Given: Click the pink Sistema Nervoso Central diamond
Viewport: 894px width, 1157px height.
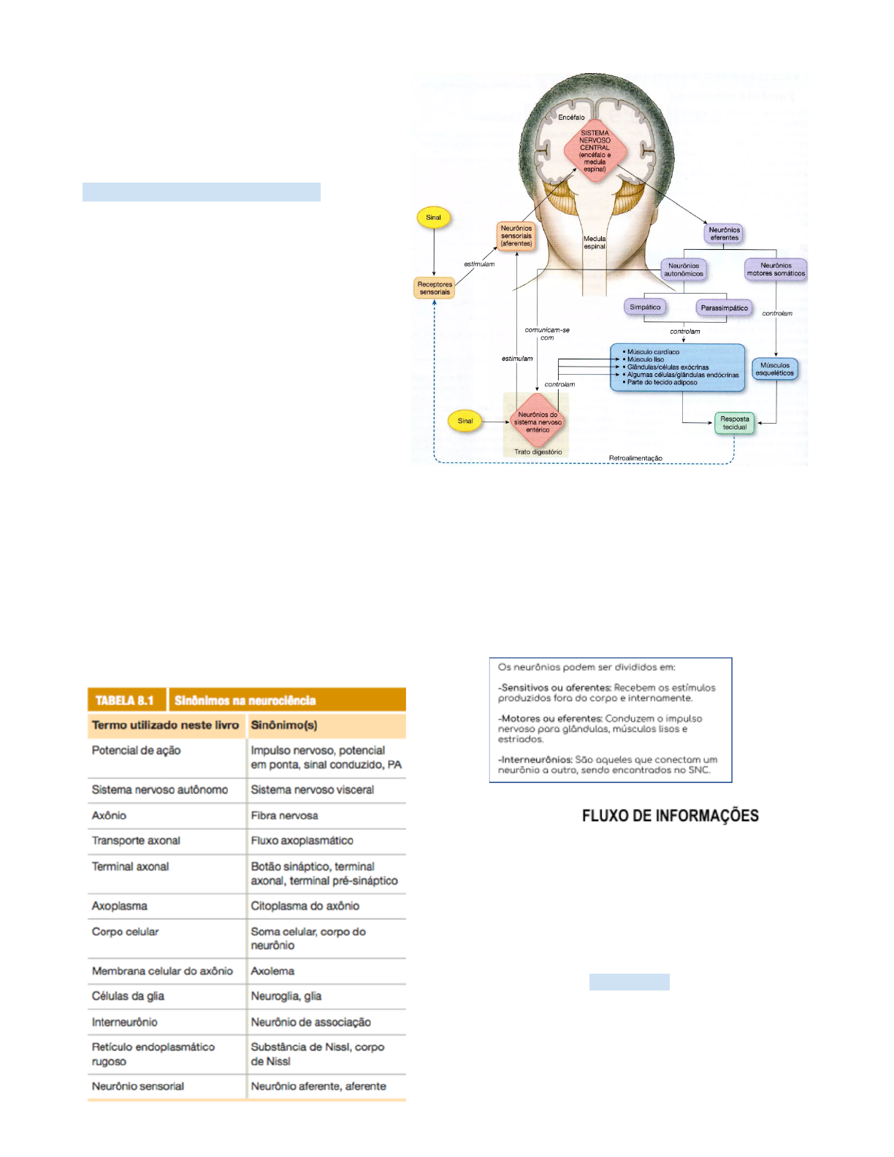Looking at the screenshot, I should pyautogui.click(x=595, y=151).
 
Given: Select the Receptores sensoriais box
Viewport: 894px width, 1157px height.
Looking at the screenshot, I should pyautogui.click(x=435, y=288).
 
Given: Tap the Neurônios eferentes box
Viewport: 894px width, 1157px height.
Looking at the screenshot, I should pyautogui.click(x=724, y=234).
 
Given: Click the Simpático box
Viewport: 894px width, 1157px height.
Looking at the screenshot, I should pyautogui.click(x=645, y=308).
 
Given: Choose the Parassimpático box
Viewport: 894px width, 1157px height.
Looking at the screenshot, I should pyautogui.click(x=724, y=308).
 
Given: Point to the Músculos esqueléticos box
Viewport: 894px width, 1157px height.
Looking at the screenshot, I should pyautogui.click(x=775, y=369).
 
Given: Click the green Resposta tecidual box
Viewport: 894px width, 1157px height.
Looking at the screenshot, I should pyautogui.click(x=734, y=423).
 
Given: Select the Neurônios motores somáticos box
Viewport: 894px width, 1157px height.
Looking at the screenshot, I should pyautogui.click(x=776, y=270).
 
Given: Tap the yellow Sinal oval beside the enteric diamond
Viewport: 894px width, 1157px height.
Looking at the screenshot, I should pyautogui.click(x=465, y=421).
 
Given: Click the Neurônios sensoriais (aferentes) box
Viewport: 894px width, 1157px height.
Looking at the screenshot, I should pyautogui.click(x=516, y=236).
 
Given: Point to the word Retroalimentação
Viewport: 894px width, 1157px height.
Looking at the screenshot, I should pyautogui.click(x=635, y=458).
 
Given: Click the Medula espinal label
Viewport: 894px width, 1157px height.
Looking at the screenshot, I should pyautogui.click(x=595, y=243).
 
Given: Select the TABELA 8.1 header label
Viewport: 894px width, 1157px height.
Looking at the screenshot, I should pyautogui.click(x=125, y=700).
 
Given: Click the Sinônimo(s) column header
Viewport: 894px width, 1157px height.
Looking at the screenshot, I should pyautogui.click(x=284, y=725).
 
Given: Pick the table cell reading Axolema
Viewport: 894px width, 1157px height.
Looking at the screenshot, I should pyautogui.click(x=272, y=971).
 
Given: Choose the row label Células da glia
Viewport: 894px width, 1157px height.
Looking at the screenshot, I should pyautogui.click(x=128, y=996).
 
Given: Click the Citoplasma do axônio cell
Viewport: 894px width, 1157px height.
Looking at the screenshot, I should pyautogui.click(x=305, y=906).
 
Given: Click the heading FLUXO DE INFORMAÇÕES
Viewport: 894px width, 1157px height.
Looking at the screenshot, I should pyautogui.click(x=670, y=816).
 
